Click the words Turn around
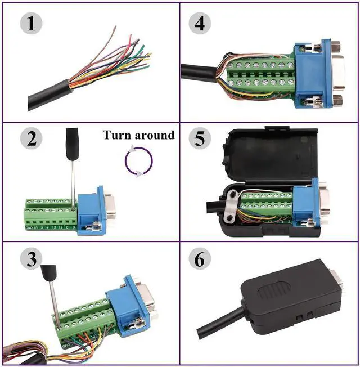138,135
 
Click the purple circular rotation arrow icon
138,163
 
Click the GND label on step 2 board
29,227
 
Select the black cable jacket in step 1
51,96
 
